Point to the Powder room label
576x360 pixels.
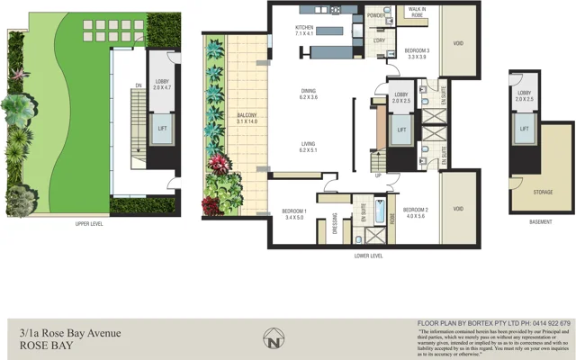point(377,15)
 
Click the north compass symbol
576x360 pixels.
point(274,340)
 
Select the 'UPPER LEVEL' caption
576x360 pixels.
point(89,223)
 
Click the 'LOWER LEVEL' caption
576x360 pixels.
point(369,256)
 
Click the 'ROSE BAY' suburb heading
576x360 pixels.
point(35,344)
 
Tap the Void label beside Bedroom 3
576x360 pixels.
point(458,43)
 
